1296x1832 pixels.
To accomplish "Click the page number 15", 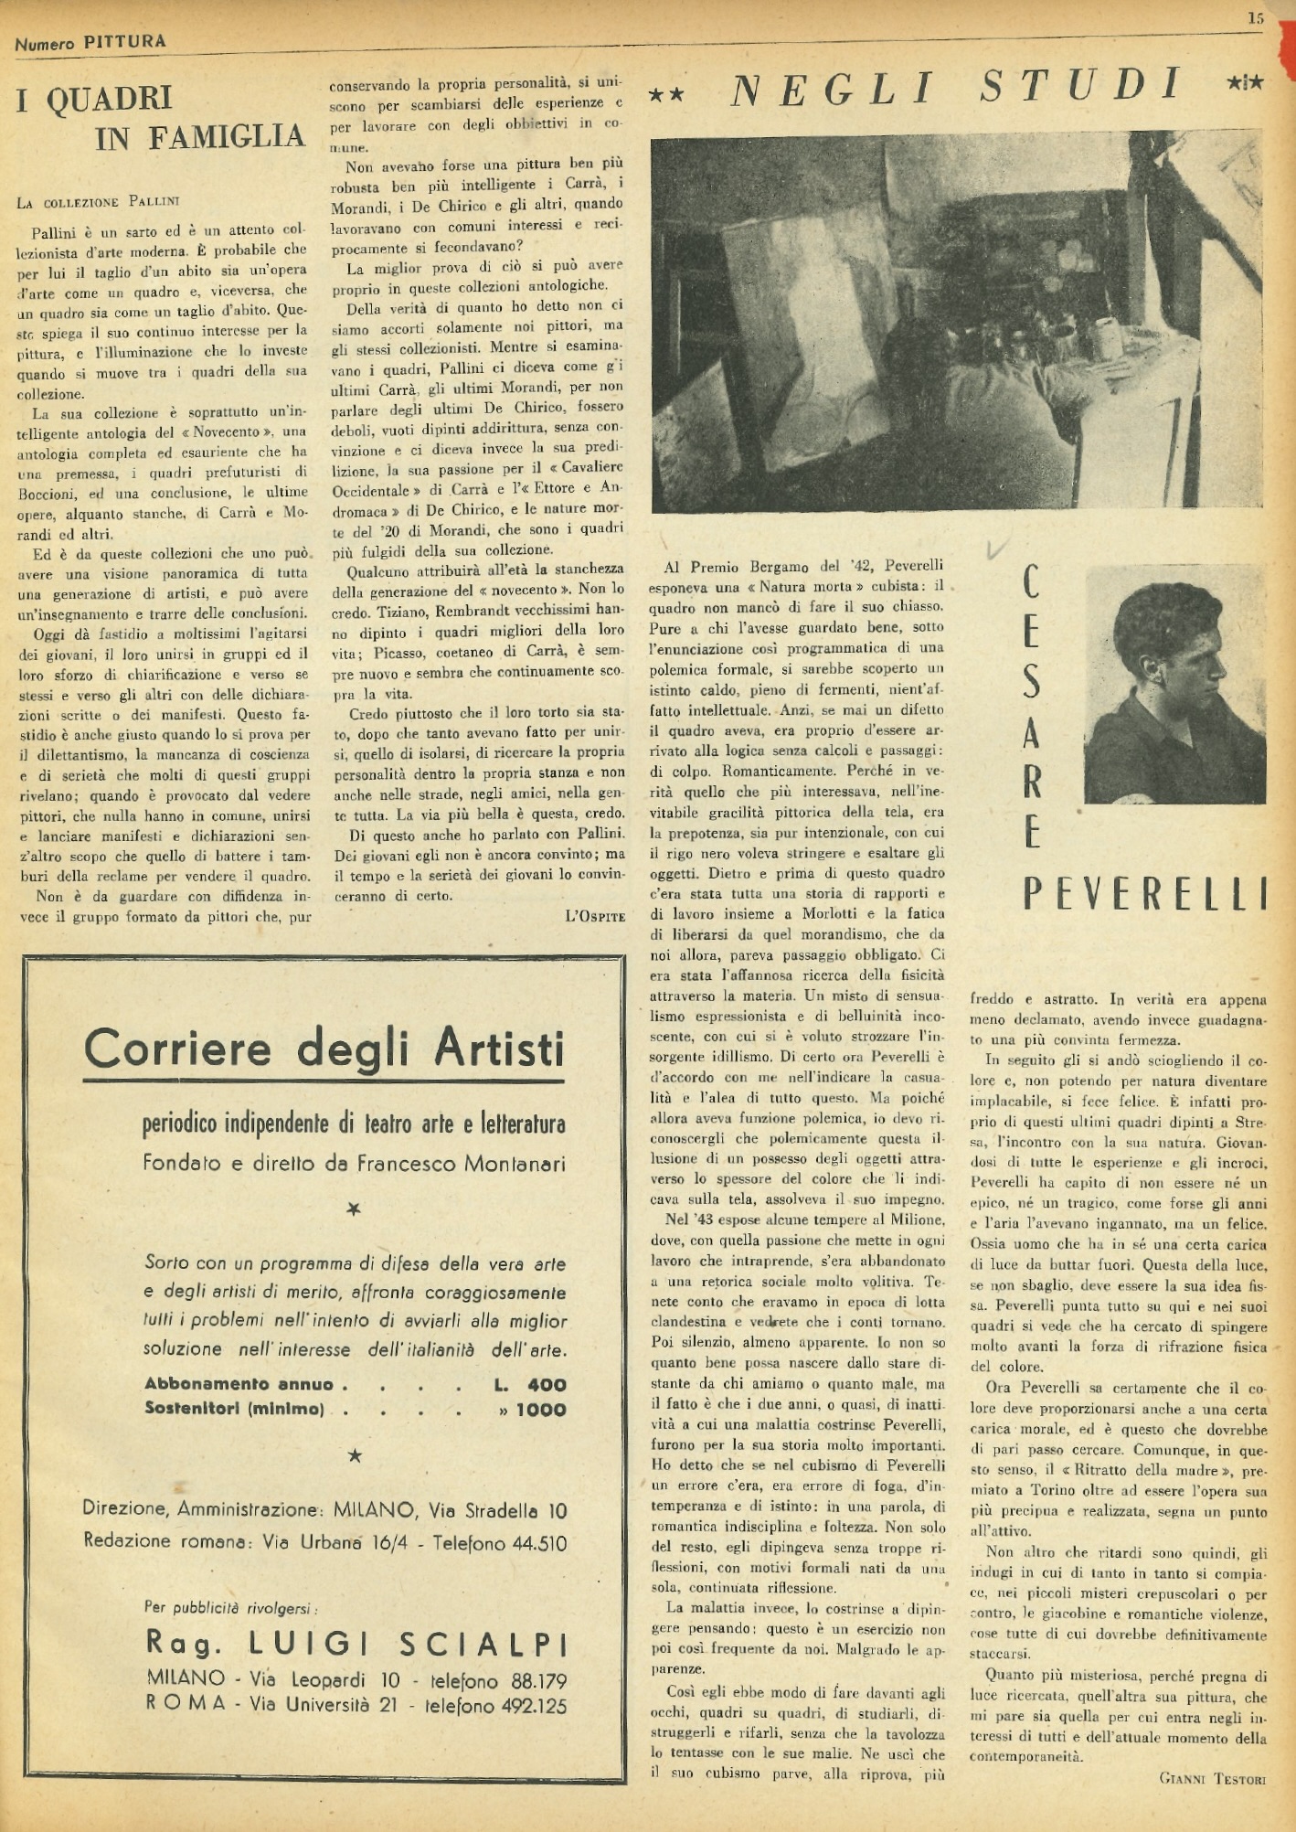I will (x=1256, y=17).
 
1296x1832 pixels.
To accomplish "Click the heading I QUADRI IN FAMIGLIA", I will (x=160, y=118).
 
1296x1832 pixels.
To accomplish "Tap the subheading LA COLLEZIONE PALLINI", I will (x=98, y=202).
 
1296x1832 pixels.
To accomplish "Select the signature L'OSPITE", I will (x=595, y=916).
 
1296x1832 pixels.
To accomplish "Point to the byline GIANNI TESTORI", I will (x=1212, y=1778).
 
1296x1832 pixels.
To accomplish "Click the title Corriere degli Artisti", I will (x=324, y=1049).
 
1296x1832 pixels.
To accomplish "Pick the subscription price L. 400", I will (x=530, y=1384).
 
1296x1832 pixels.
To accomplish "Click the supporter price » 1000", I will (x=532, y=1409).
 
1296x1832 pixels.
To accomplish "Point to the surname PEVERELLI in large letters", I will (x=1145, y=894).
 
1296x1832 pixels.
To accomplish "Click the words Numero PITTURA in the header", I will (x=90, y=42).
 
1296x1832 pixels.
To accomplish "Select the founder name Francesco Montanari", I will (x=461, y=1164).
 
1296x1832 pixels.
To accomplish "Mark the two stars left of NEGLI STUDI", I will (x=667, y=93).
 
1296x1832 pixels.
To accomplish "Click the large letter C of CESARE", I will (x=1032, y=582).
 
